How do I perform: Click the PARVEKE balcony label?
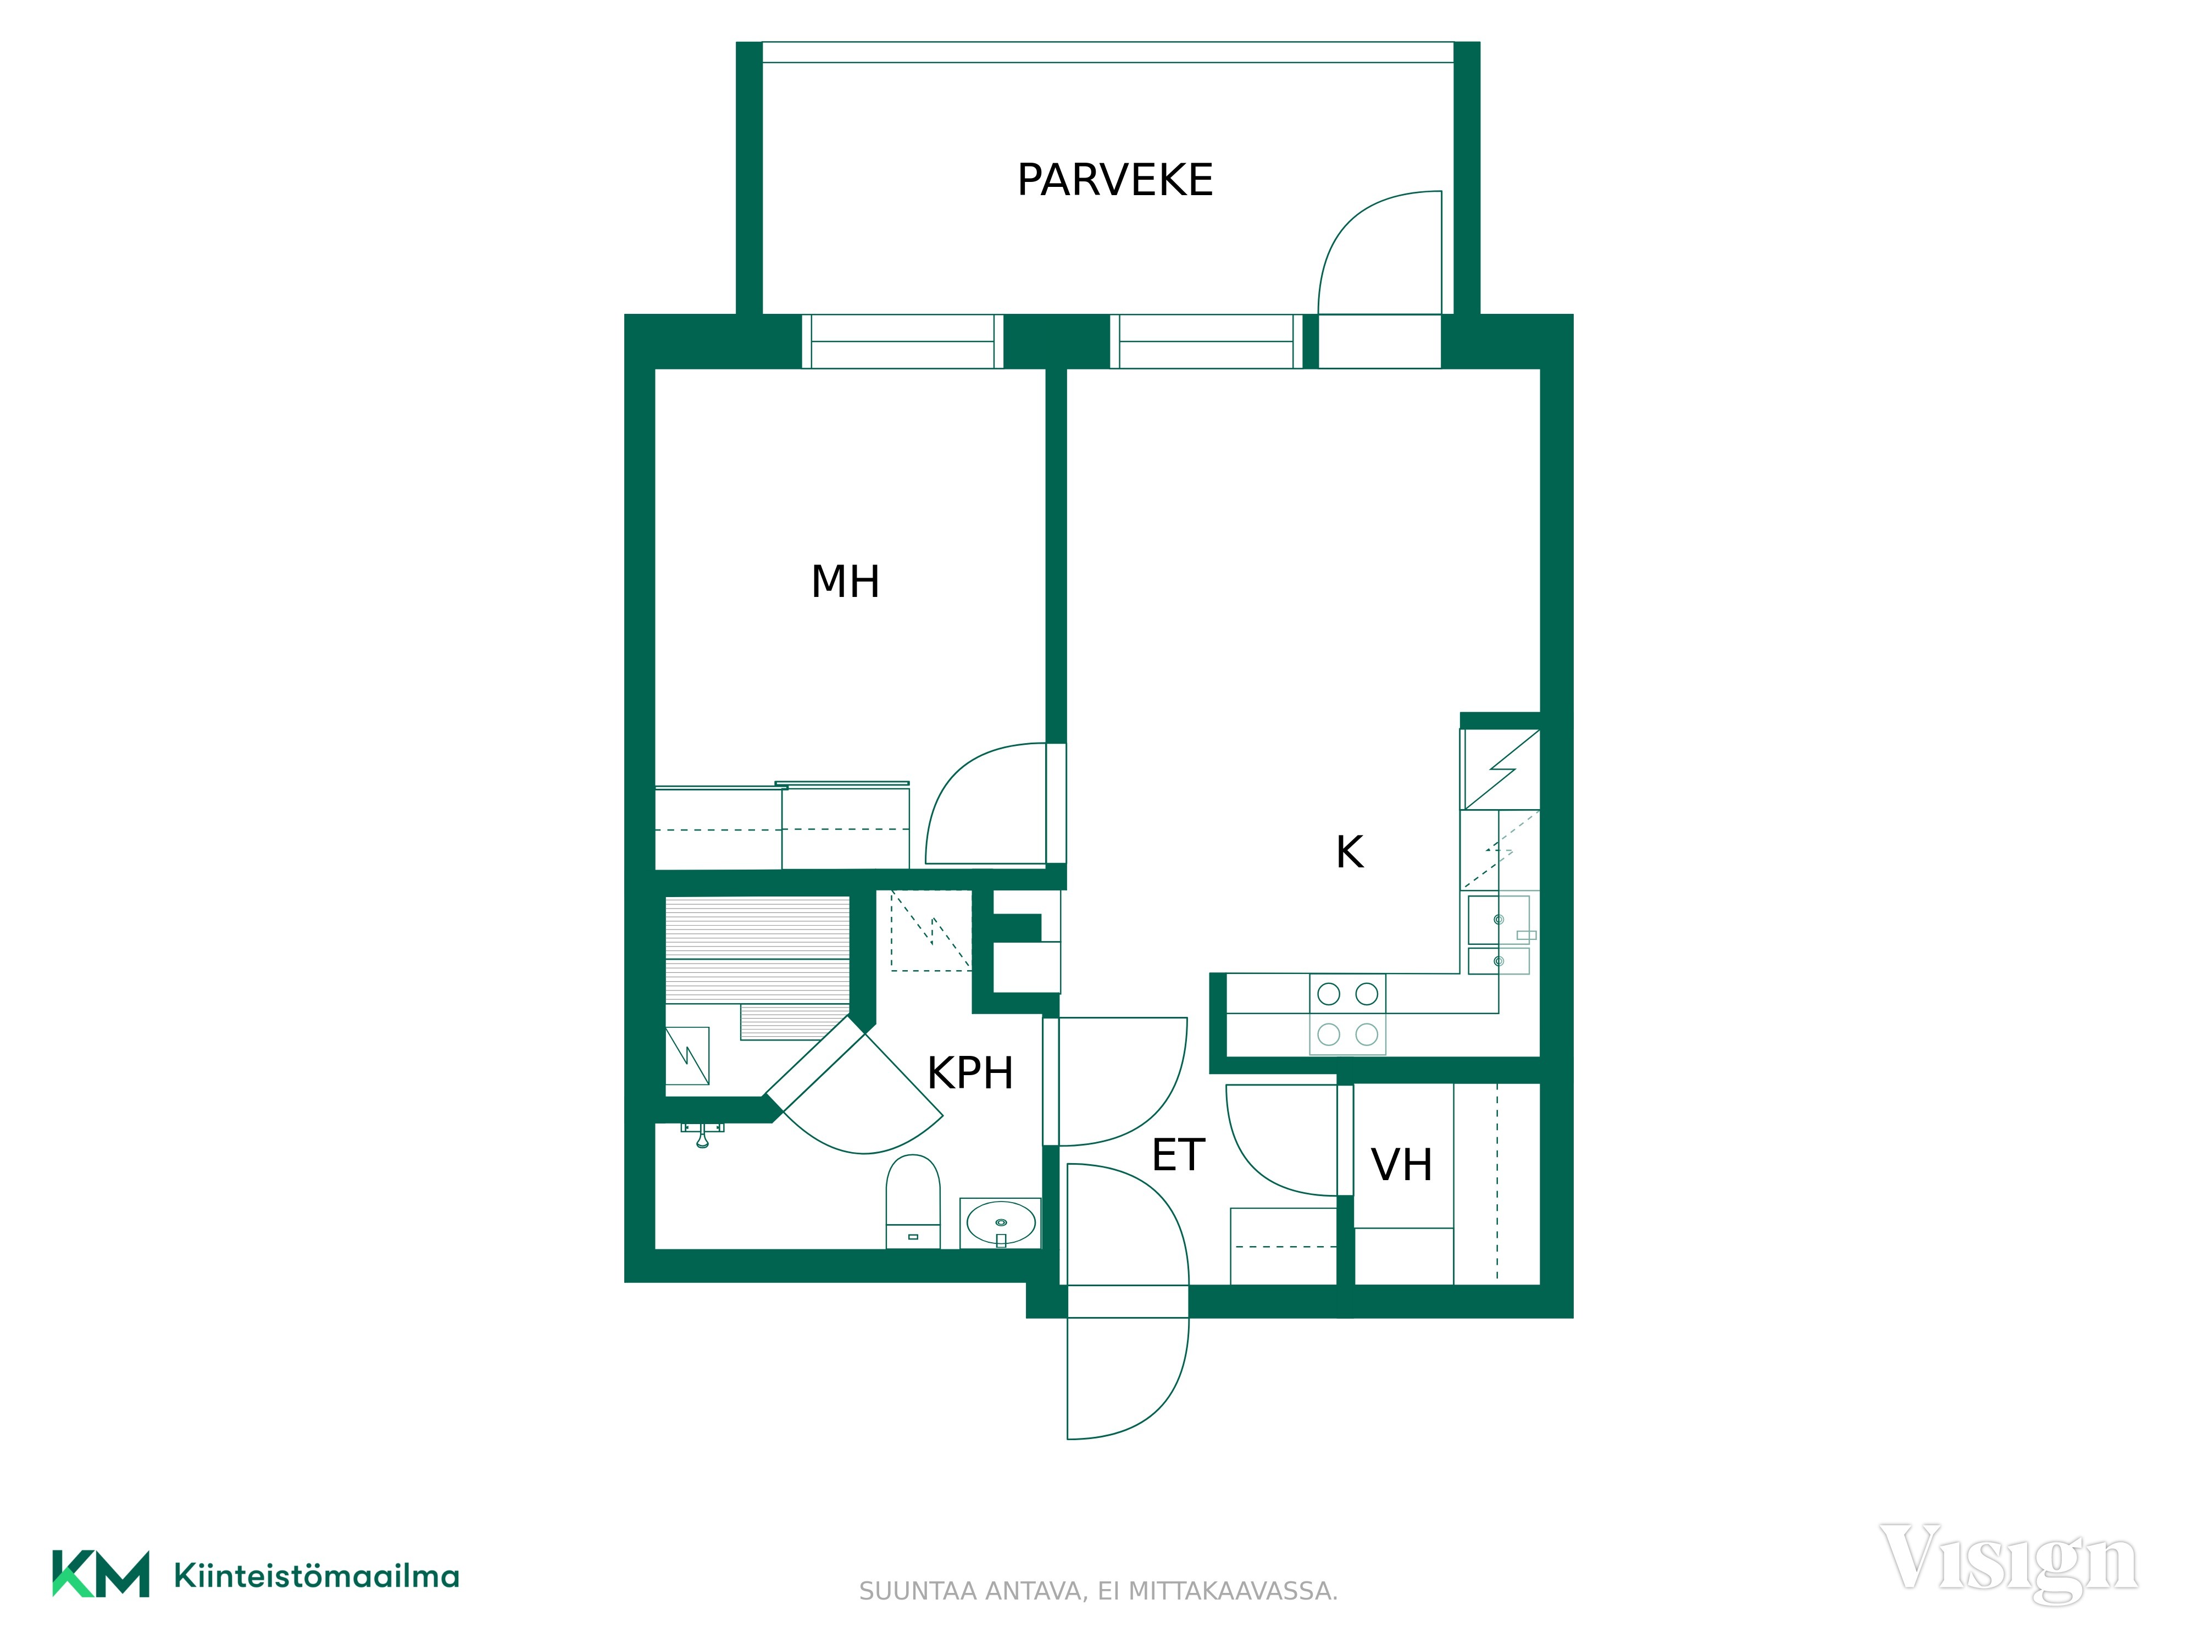click(x=1115, y=180)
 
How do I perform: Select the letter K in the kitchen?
click(x=1350, y=852)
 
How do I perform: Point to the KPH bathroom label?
click(x=970, y=1073)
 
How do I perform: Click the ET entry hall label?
click(x=1179, y=1155)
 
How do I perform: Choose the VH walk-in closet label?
click(x=1401, y=1165)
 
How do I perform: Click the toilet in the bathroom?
click(x=912, y=1200)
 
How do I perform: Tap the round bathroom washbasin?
click(x=1001, y=1222)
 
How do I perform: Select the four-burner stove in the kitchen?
click(x=1347, y=1014)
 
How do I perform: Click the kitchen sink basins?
click(x=1498, y=934)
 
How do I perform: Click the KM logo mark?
click(x=101, y=1574)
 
